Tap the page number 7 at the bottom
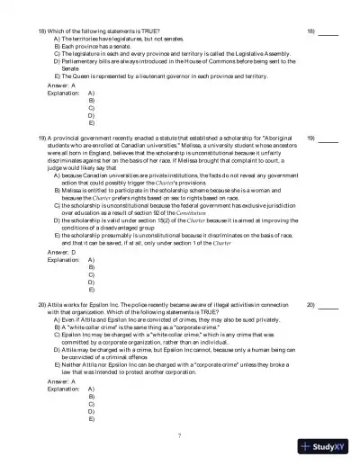[x=180, y=435]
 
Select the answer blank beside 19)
[x=328, y=139]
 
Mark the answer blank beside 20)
[x=328, y=305]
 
